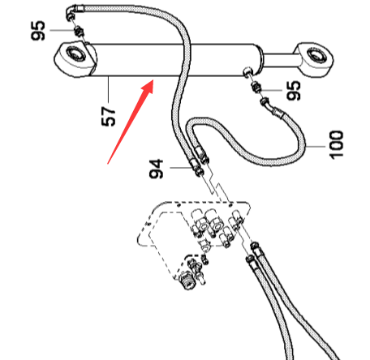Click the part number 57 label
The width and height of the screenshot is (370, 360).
pos(108,117)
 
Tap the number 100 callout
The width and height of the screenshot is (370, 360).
pos(336,144)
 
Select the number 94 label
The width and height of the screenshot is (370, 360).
pos(157,169)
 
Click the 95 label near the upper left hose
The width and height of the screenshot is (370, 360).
pos(37,31)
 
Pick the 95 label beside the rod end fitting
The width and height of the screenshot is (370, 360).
pos(294,91)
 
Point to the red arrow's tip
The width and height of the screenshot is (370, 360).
pos(153,80)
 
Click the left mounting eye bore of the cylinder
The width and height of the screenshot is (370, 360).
pos(75,54)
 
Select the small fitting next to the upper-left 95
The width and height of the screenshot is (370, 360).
pos(79,32)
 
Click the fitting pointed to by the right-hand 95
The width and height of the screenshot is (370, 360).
pos(256,88)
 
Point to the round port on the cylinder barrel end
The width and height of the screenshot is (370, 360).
pos(247,72)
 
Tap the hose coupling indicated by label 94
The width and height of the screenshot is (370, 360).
pos(196,167)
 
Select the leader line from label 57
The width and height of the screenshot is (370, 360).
pos(109,89)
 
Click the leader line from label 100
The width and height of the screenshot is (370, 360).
pos(315,147)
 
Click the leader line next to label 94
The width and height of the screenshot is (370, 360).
pos(181,168)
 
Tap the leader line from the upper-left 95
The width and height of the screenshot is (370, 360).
pos(62,30)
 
